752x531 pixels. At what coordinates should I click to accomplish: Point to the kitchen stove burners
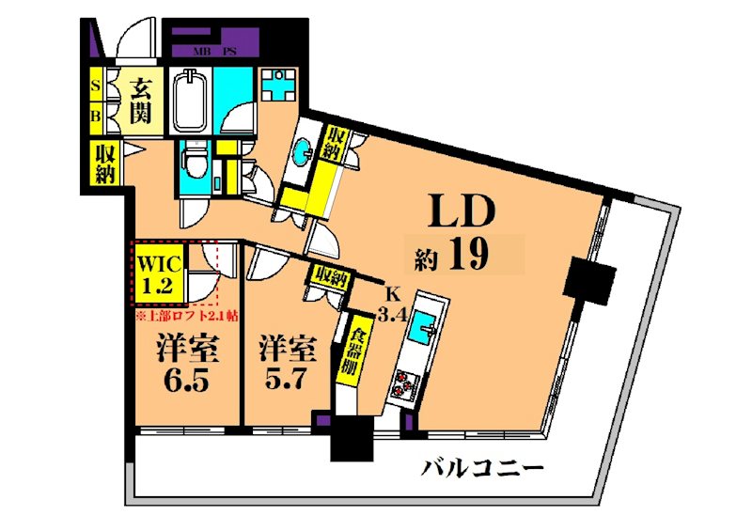coord(405,383)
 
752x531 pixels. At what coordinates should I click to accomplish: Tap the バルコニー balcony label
coord(481,467)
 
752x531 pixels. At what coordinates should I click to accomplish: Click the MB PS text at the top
coord(214,51)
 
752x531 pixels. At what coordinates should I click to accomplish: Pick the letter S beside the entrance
coord(97,86)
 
